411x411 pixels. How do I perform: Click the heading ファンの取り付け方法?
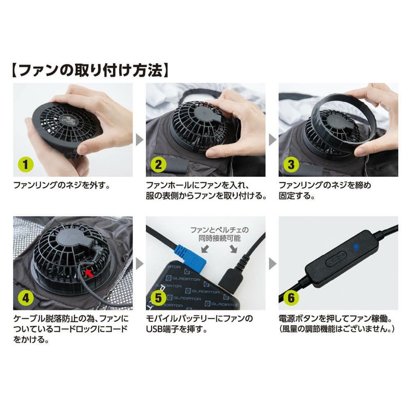coord(90,69)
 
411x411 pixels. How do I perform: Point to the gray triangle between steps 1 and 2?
coord(139,138)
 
